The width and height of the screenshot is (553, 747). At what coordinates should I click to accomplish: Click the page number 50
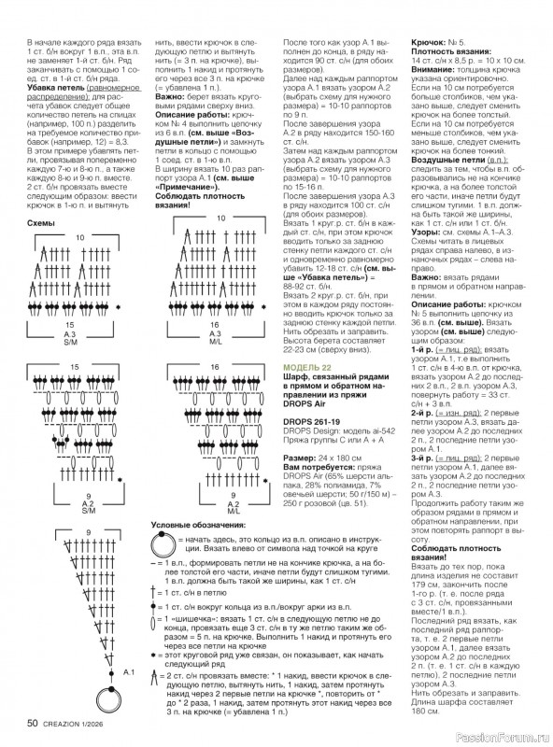coord(32,722)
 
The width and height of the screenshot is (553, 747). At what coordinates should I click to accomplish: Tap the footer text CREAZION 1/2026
coord(77,723)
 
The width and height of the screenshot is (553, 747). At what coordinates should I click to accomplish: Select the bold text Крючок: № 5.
coord(440,43)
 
